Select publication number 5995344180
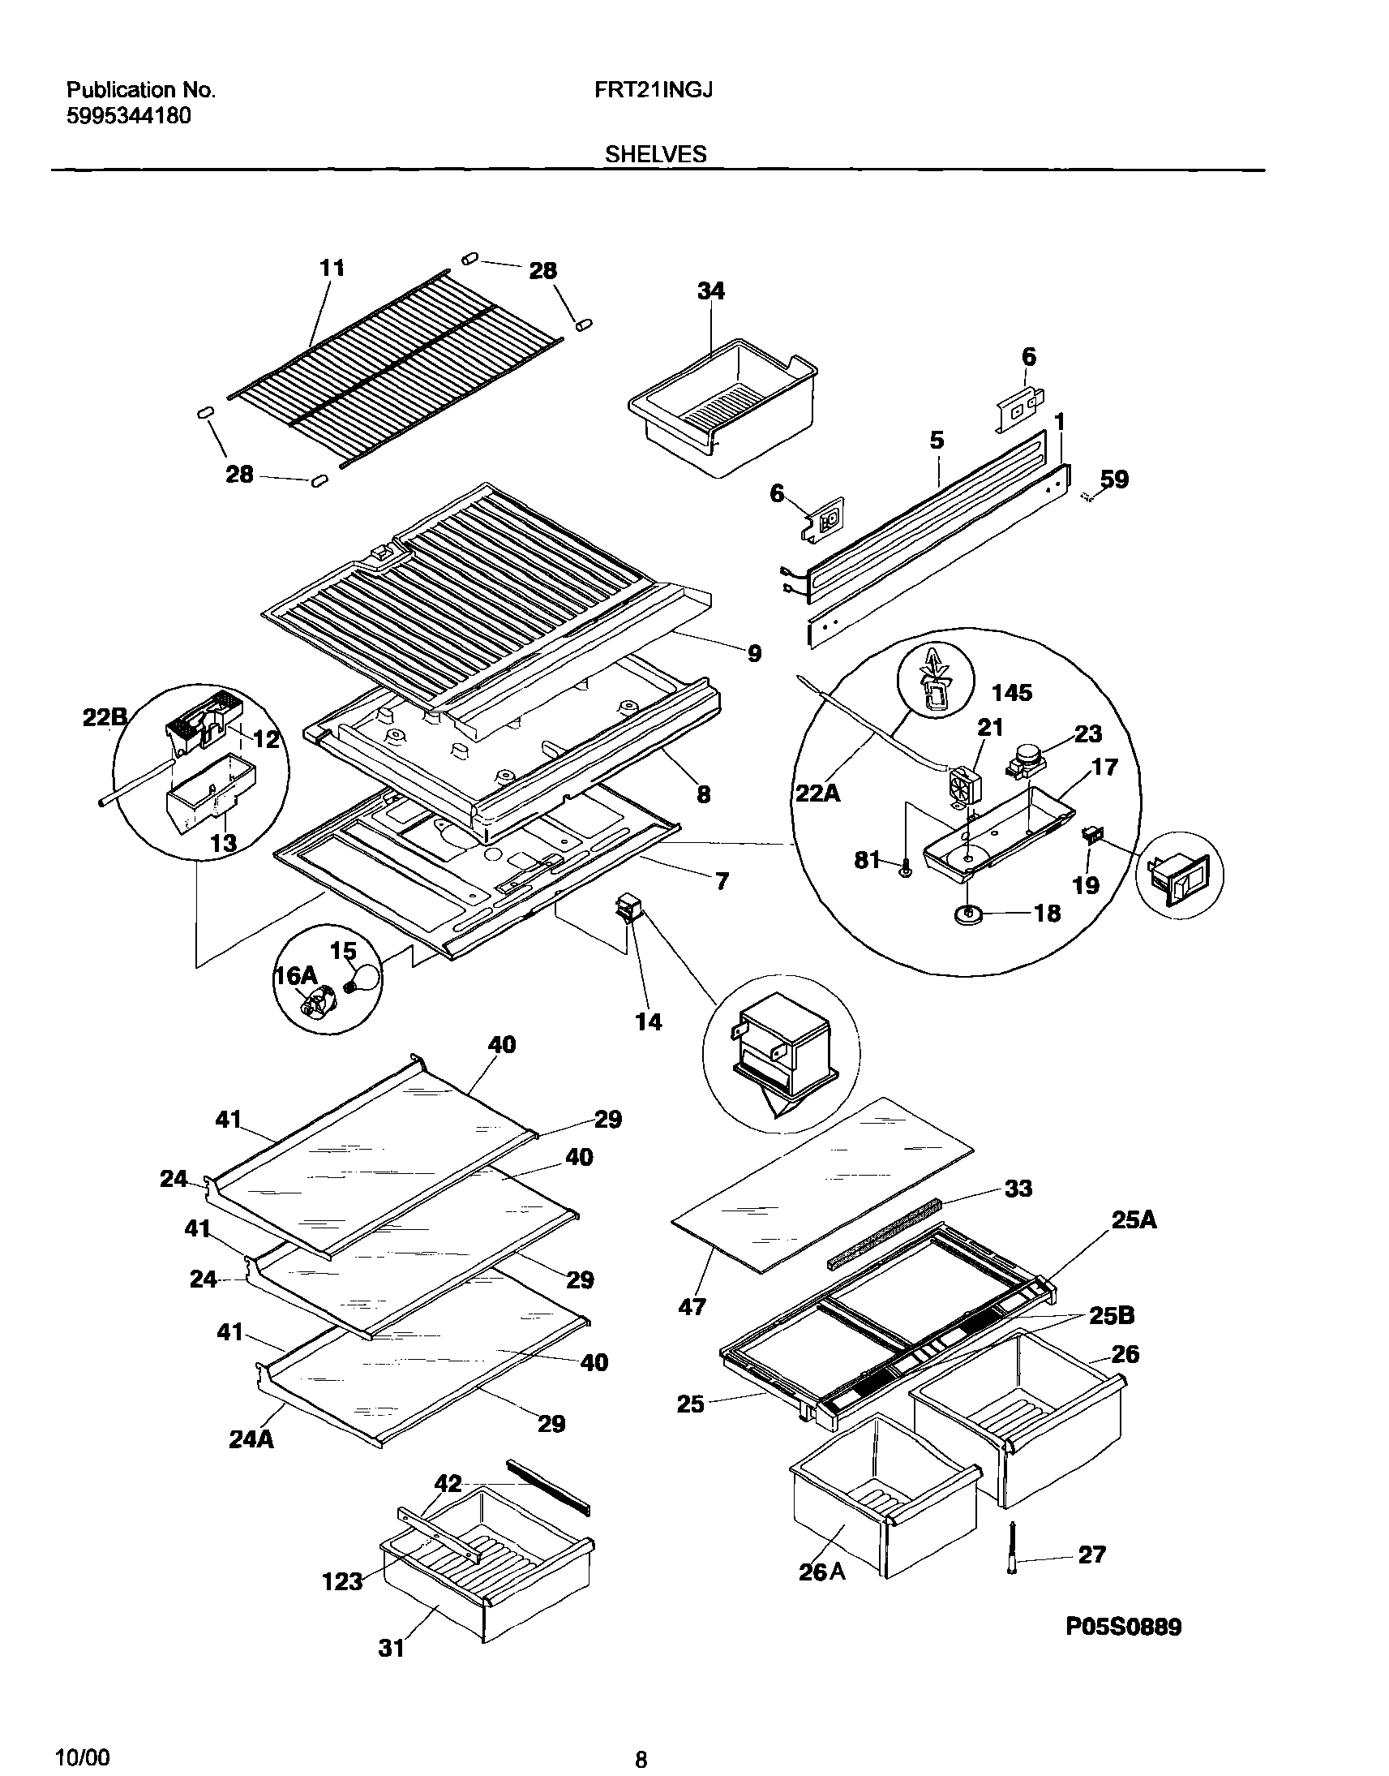pos(127,116)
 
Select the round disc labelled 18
pos(969,914)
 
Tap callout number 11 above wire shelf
pos(332,268)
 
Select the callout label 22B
pos(105,717)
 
